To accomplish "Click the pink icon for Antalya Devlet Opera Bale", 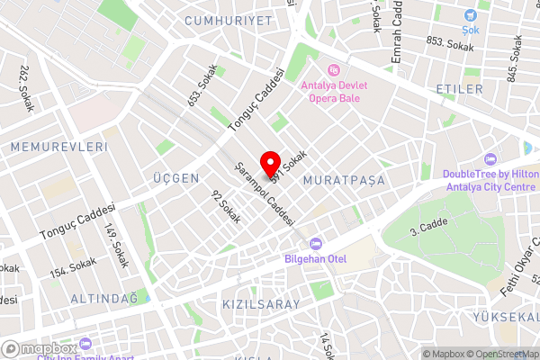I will [x=335, y=68].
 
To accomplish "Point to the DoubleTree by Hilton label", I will [x=490, y=181].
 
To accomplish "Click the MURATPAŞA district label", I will [x=345, y=181].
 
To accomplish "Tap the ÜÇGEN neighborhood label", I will [x=176, y=178].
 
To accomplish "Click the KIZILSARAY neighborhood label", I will [x=260, y=305].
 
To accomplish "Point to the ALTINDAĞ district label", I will [x=106, y=298].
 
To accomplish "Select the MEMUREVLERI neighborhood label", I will [x=59, y=146].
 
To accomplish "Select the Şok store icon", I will [x=471, y=16].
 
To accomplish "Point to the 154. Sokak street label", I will [x=73, y=266].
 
